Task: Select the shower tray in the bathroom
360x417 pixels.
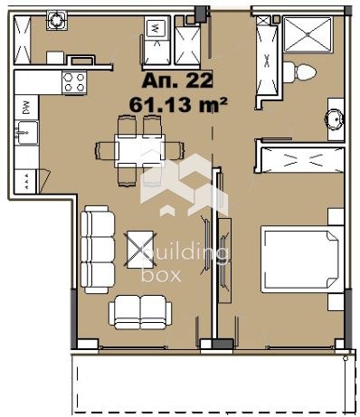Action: [x=308, y=34]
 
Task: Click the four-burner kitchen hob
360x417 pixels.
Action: [x=74, y=82]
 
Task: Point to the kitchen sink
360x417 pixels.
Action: [x=27, y=133]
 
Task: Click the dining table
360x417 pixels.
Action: [x=139, y=151]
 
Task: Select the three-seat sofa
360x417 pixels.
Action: [x=97, y=250]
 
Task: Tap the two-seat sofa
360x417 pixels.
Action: [x=140, y=312]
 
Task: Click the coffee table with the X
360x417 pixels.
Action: [x=140, y=250]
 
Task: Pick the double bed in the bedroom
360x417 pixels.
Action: [x=302, y=259]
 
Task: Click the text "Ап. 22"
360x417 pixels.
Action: [x=178, y=81]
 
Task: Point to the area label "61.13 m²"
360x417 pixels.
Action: [x=178, y=105]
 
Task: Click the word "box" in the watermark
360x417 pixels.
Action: [x=161, y=275]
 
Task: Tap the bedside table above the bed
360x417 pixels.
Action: [x=336, y=216]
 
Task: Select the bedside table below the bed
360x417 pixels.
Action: [x=336, y=302]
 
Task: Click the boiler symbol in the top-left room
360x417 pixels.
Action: [x=56, y=20]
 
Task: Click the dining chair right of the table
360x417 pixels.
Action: [x=175, y=150]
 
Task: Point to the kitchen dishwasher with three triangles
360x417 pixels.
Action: [x=25, y=181]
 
